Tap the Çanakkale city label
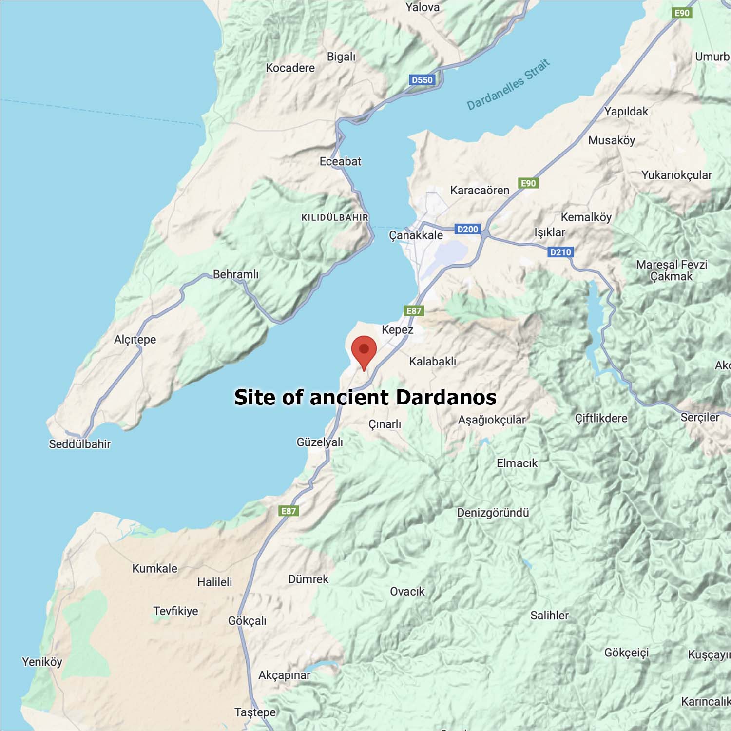pos(416,235)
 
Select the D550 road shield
pos(422,80)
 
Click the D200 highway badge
pos(467,229)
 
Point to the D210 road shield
pos(560,252)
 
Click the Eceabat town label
pos(340,161)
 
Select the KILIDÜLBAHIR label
pos(335,217)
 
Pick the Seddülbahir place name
pos(79,444)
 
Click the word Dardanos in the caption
pos(446,397)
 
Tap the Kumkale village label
pos(154,568)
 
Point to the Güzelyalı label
pos(320,442)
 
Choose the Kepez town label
pos(397,330)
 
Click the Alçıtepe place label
pos(135,339)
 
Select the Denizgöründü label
pos(493,513)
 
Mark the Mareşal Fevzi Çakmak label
pos(671,270)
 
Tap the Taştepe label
pos(255,712)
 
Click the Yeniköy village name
pos(42,662)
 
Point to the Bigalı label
pos(341,57)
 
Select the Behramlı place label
pos(236,274)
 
